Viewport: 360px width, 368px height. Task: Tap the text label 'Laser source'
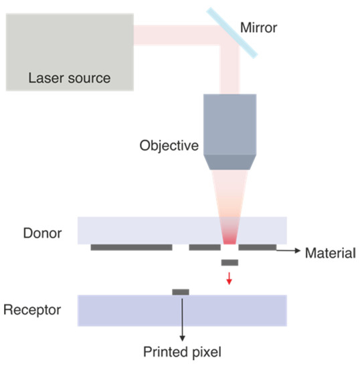pyautogui.click(x=69, y=78)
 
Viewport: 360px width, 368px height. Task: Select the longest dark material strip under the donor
pyautogui.click(x=131, y=248)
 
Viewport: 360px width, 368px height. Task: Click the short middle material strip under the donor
pyautogui.click(x=205, y=248)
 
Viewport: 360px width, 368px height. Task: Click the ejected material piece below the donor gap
pyautogui.click(x=229, y=262)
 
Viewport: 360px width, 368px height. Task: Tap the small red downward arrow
pyautogui.click(x=229, y=278)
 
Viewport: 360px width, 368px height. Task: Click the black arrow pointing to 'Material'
pyautogui.click(x=287, y=250)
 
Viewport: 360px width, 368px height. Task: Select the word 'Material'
pyautogui.click(x=329, y=254)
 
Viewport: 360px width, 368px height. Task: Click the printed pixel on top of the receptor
pyautogui.click(x=180, y=292)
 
